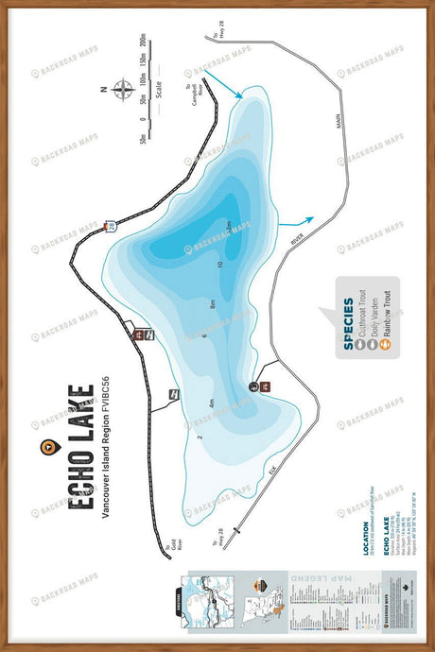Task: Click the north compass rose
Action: [122, 91]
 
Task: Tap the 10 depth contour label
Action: [219, 264]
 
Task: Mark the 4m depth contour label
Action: [212, 403]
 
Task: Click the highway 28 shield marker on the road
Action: [110, 228]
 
